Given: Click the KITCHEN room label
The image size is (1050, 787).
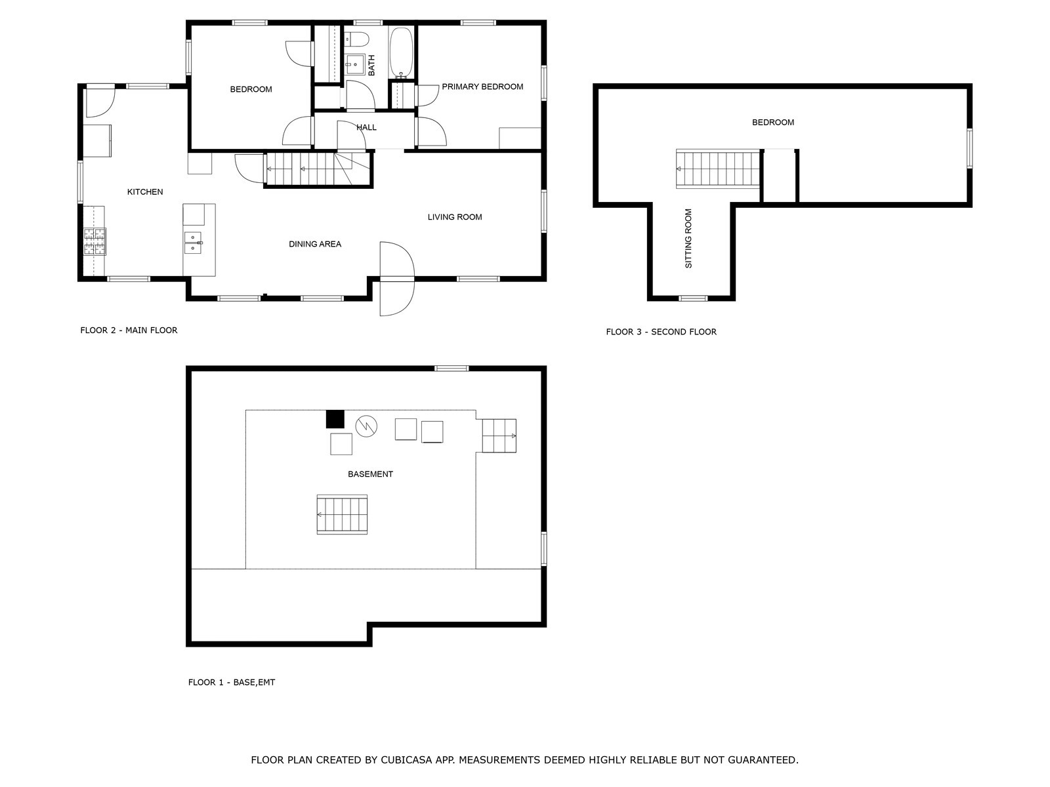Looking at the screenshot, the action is point(145,192).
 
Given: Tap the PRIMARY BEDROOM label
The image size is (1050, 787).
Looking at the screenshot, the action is point(482,87).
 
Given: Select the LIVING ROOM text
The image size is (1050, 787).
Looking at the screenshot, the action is point(454,217).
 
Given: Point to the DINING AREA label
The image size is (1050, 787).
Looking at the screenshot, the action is point(315,244).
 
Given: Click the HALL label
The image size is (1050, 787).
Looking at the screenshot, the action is point(366,128).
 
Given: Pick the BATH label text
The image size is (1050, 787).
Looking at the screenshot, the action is point(371,66).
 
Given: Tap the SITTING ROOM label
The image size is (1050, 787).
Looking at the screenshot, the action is point(688,238).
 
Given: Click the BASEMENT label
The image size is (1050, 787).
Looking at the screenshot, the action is point(370,474).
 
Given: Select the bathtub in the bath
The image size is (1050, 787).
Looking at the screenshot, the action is point(401,52).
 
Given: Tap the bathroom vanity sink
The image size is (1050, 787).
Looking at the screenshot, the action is point(355,64).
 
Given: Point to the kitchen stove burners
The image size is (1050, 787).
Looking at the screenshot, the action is point(94,241).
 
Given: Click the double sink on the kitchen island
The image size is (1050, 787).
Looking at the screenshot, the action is point(193,243).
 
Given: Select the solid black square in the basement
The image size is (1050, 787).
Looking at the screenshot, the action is point(335,419).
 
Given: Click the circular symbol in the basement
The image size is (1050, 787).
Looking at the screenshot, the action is point(366,426).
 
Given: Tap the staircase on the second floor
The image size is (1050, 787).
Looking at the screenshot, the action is point(717,169).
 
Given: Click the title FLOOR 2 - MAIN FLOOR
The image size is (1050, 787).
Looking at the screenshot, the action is point(129,330).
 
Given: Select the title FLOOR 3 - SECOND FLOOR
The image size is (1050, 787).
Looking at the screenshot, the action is point(661,332).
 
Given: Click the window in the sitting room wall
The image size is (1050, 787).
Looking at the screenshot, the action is point(693,298).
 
